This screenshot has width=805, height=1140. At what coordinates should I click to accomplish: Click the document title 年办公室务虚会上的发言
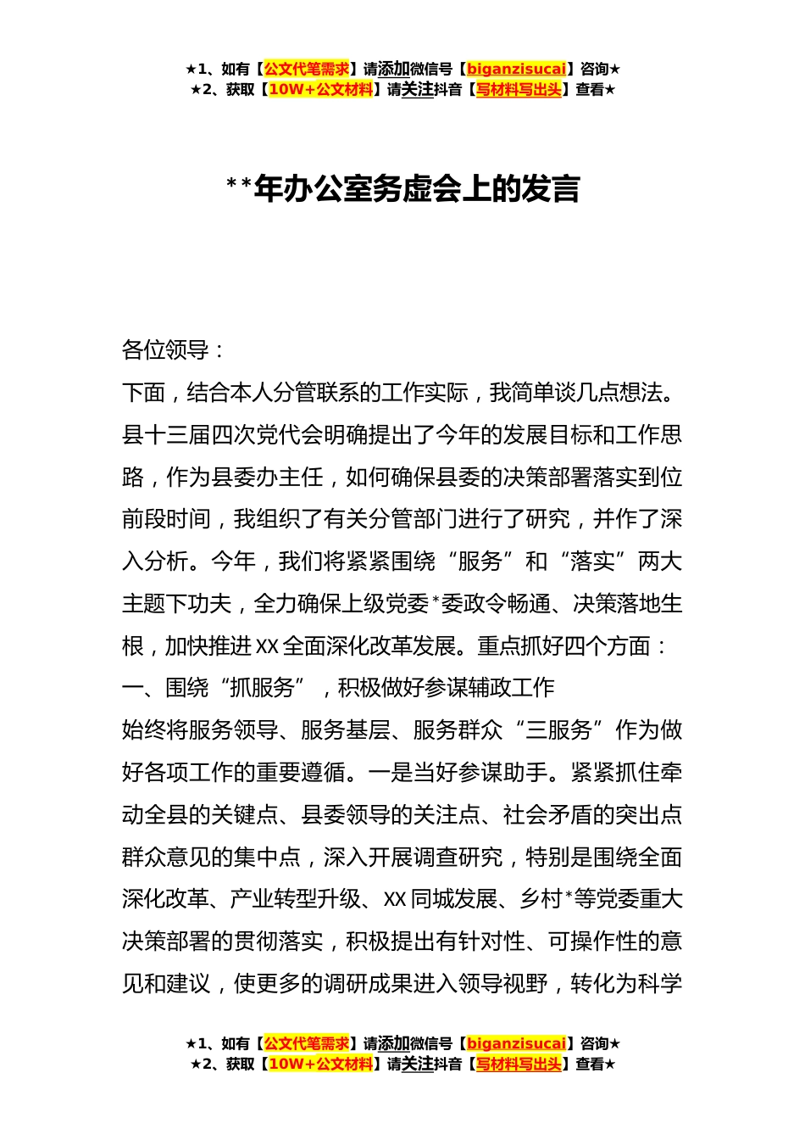tap(416, 188)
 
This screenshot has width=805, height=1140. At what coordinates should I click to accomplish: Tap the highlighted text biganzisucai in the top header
tap(516, 69)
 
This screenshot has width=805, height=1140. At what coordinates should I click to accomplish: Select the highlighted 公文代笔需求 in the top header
tap(307, 69)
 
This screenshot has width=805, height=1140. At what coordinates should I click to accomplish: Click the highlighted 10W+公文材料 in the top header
tap(320, 89)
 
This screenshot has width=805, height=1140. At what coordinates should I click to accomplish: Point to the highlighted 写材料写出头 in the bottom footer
tap(519, 1064)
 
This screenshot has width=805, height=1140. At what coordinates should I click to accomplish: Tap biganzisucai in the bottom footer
tap(516, 1043)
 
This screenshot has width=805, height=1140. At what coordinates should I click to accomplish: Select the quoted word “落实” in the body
tap(602, 562)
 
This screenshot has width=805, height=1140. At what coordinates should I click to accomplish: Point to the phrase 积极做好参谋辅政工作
tap(446, 687)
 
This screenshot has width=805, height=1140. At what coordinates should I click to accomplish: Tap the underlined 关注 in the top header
tap(417, 89)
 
